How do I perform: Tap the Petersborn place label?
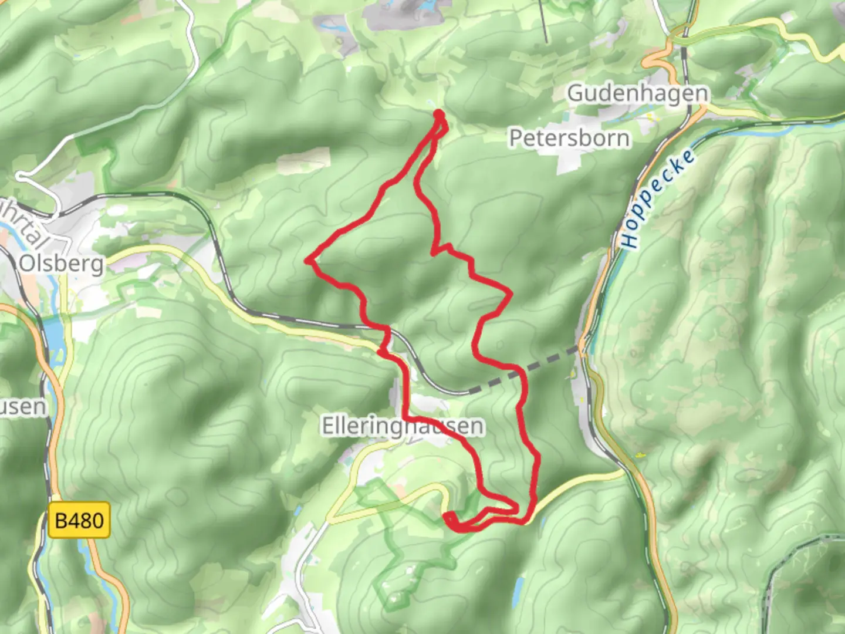(569, 138)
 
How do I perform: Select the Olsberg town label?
(61, 264)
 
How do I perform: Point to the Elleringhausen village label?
(403, 426)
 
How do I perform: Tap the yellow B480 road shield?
(79, 520)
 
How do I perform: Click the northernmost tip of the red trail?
(438, 113)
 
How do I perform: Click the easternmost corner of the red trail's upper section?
(511, 291)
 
